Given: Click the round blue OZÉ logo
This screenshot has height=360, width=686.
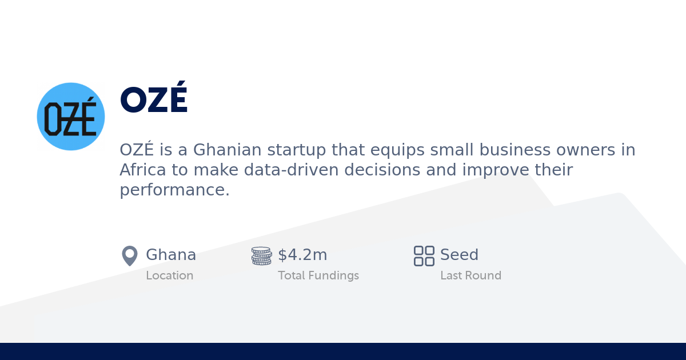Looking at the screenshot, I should pos(71,117).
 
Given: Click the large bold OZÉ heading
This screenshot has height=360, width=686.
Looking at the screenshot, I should pos(153,101).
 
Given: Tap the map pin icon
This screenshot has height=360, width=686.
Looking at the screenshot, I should pos(130,256).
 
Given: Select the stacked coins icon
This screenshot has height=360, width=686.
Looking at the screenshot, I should pos(261,256).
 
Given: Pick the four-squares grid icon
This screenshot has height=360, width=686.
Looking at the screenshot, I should pos(424,256).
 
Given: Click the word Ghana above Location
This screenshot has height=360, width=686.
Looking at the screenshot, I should pos(171,255).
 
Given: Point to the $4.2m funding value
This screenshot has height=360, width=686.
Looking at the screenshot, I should pos(302,255).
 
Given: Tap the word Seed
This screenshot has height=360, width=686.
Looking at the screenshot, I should pos(459,255).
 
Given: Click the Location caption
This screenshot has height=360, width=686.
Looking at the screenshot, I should pos(169,275).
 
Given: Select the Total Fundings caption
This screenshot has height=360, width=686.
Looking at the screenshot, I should pos(318,275).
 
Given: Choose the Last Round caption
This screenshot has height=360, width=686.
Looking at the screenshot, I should pos(470,275).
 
